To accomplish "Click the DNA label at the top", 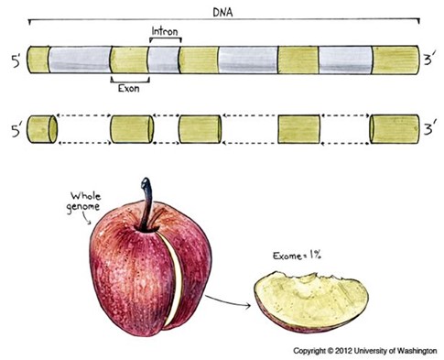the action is tap(222, 13).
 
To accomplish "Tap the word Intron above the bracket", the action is tap(165, 31).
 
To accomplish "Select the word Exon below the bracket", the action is tap(129, 89).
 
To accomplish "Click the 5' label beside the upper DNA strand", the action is tap(16, 60).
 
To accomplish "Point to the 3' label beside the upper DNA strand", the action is tap(429, 60).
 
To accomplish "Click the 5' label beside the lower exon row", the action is tap(16, 130).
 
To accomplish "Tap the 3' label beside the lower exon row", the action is tap(429, 129).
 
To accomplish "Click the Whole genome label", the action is tap(84, 202).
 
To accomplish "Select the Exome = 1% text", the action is tap(297, 255).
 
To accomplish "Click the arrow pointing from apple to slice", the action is tap(228, 301).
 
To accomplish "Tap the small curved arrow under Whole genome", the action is tap(87, 218).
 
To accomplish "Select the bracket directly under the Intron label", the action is tap(166, 38).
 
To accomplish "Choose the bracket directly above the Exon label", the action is tap(130, 81).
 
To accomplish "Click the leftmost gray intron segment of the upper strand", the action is tap(80, 60).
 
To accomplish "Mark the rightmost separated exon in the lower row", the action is tap(395, 129).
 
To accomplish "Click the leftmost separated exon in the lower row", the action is tap(42, 129).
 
